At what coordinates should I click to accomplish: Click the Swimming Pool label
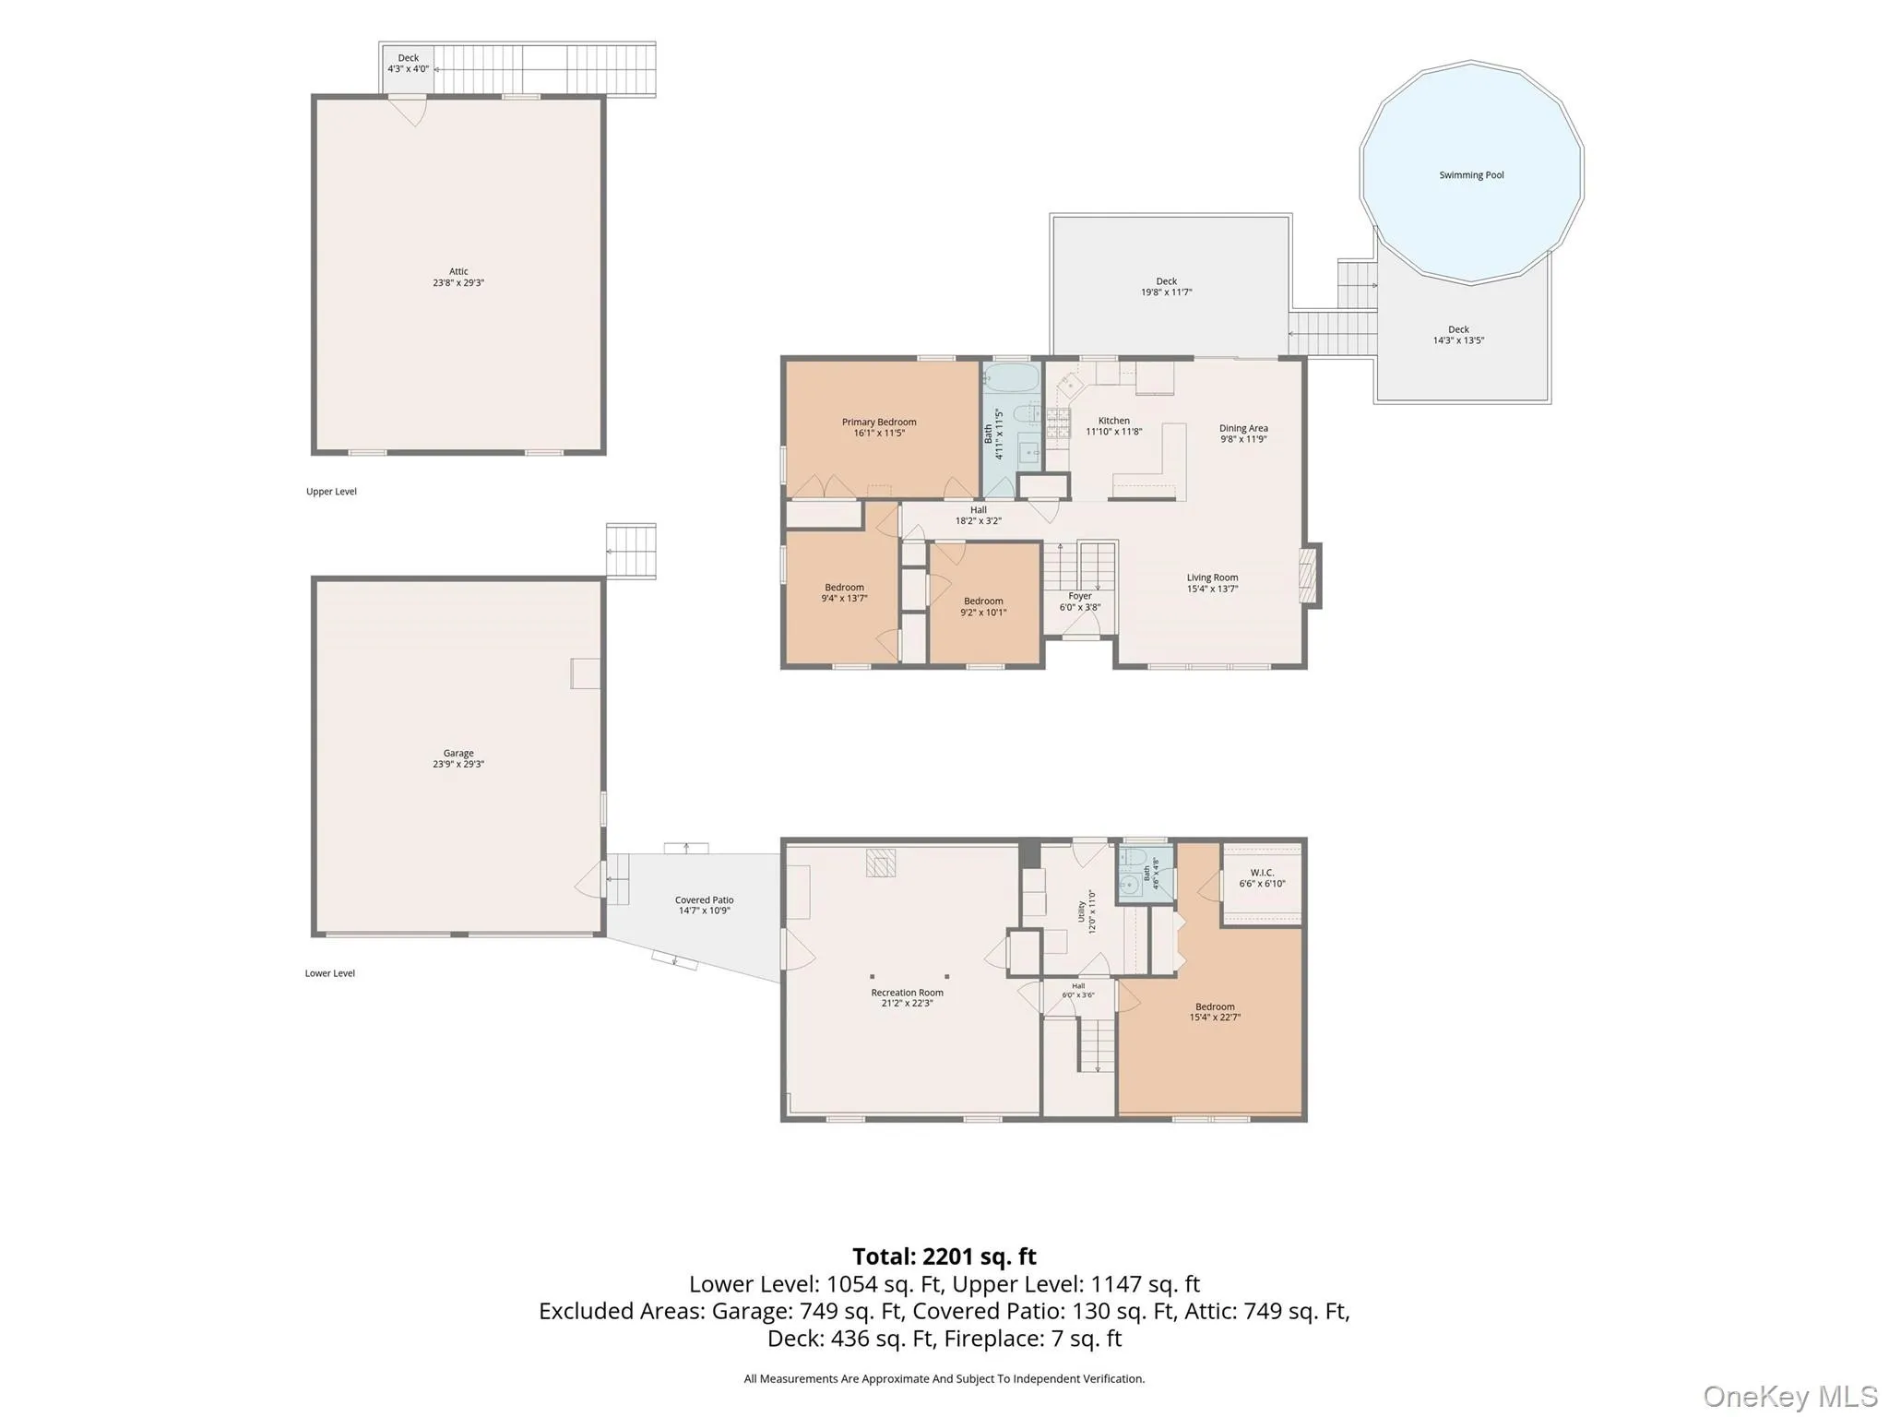coord(1471,175)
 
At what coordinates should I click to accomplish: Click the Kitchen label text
coord(1113,421)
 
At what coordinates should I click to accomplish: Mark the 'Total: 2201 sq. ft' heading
coord(944,1256)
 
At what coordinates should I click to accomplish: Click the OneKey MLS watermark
coord(1790,1396)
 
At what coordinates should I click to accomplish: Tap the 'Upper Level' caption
coord(331,492)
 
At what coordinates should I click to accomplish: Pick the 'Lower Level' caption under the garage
coord(330,973)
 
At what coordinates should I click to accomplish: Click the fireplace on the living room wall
coord(1310,576)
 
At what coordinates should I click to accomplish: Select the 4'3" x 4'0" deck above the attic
coord(408,68)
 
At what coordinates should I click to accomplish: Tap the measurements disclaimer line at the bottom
coord(944,1379)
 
